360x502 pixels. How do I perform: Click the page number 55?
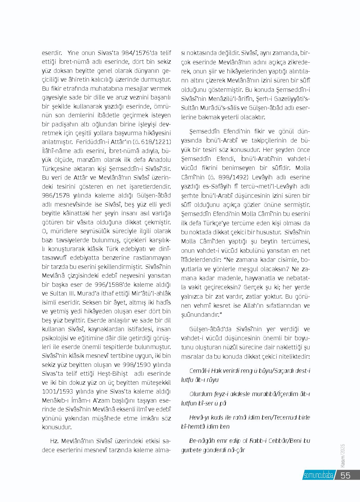345,475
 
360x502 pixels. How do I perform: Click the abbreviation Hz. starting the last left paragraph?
54,441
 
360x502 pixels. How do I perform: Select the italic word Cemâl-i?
199,371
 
